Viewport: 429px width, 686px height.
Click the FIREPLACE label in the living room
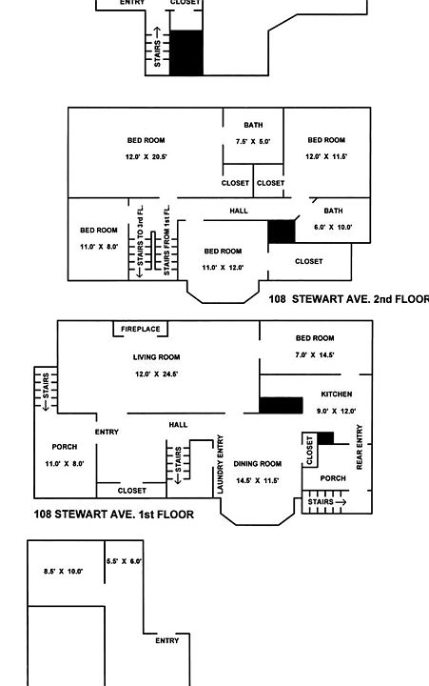click(x=140, y=329)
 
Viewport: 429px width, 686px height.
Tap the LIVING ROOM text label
click(x=156, y=357)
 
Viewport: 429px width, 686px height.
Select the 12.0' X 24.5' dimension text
click(x=156, y=374)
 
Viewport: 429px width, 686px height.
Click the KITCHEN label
click(x=337, y=394)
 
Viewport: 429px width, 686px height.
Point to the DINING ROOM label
click(x=258, y=464)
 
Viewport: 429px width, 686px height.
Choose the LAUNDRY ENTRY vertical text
click(x=220, y=464)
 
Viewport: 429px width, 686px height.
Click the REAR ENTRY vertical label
click(x=360, y=447)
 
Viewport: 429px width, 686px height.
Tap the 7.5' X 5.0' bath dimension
click(x=253, y=142)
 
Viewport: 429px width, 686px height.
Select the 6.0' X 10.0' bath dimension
click(x=333, y=227)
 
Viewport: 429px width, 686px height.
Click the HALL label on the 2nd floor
click(x=239, y=211)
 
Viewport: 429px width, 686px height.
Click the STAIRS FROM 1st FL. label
click(x=166, y=240)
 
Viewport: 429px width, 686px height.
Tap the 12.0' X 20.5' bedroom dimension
click(x=146, y=156)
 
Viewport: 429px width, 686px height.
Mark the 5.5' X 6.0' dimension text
click(x=124, y=561)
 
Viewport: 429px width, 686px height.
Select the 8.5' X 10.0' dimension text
click(x=64, y=571)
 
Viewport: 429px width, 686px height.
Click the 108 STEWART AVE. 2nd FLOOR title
click(x=348, y=299)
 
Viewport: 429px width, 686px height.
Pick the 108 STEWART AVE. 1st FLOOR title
click(x=113, y=514)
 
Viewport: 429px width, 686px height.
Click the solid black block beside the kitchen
click(x=281, y=405)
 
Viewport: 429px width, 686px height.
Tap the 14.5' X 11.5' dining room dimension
click(x=258, y=480)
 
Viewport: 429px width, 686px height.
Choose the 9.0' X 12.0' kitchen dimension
click(x=337, y=411)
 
